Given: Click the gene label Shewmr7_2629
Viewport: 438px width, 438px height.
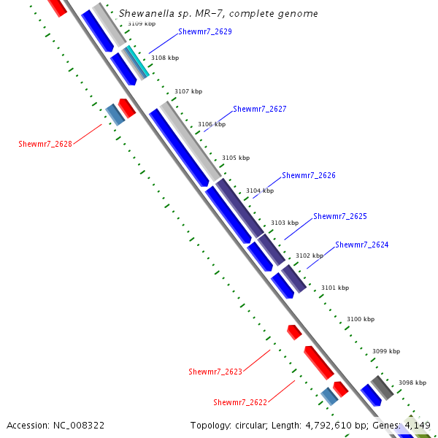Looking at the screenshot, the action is (204, 32).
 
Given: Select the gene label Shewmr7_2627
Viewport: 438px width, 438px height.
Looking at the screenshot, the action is (259, 109).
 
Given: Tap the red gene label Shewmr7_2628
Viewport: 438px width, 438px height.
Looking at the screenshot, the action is (45, 145).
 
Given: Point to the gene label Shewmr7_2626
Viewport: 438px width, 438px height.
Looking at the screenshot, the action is (308, 176).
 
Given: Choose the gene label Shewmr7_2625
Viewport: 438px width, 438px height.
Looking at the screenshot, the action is (339, 217).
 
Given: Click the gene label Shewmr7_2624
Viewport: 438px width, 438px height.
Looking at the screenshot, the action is (361, 245).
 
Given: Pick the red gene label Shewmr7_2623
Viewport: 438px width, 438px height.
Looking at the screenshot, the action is (215, 372).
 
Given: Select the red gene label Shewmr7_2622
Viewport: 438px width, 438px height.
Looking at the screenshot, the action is (240, 403).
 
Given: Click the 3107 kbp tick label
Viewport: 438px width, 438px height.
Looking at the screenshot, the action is (188, 92).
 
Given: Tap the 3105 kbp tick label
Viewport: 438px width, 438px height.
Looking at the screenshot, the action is (236, 158).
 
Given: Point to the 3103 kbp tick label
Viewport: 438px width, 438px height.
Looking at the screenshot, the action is (285, 223).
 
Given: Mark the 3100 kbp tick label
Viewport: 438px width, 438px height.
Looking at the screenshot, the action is (360, 320).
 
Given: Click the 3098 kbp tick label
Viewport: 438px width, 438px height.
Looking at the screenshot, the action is (412, 383).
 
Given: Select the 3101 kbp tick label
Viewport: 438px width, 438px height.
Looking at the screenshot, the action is (335, 288).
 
